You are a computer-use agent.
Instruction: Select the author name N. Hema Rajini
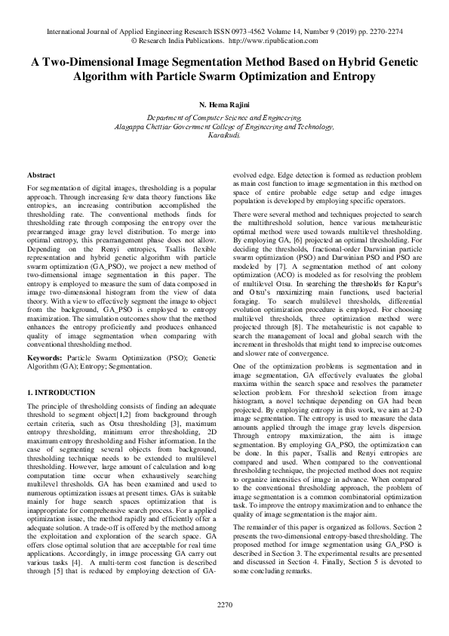pos(224,103)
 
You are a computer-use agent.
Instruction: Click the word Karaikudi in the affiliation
pos(224,136)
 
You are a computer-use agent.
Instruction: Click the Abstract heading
pos(41,175)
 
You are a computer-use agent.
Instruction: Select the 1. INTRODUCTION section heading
pos(61,393)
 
